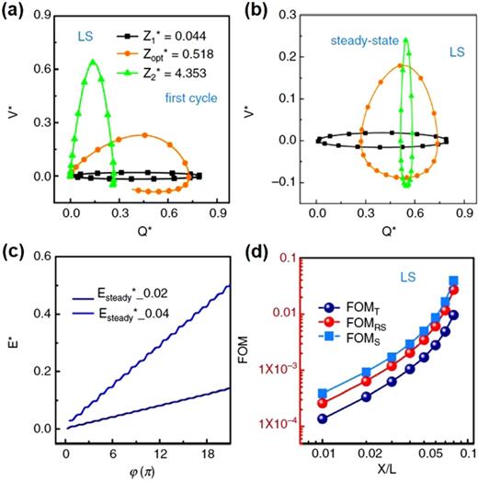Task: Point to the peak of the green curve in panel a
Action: (92, 61)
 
